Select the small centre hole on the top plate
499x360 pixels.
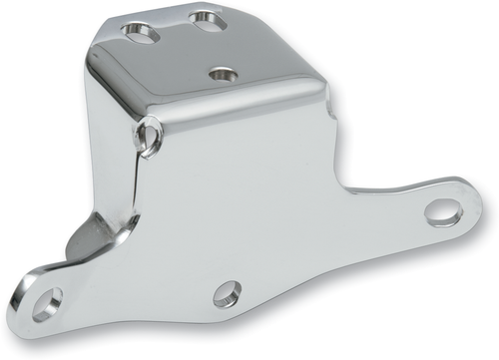[224, 74]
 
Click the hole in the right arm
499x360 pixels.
[441, 212]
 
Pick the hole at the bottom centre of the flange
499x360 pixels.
[228, 294]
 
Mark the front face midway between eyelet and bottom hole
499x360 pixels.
[190, 214]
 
